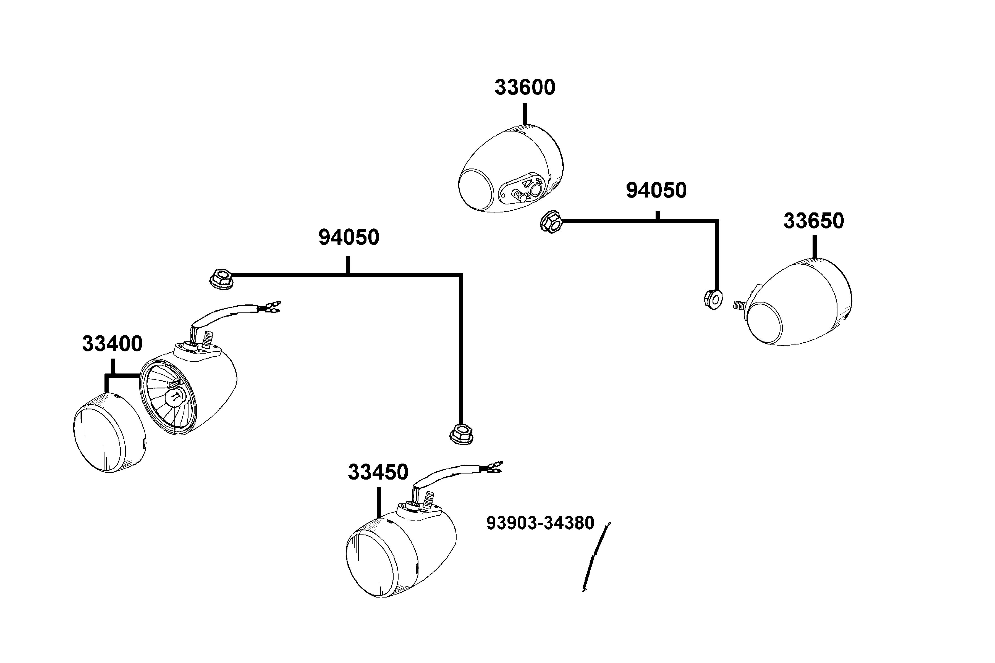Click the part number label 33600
click(x=525, y=88)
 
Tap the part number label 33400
click(x=112, y=344)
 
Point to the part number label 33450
click(x=378, y=472)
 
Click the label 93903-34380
click(x=540, y=523)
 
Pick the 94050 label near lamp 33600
click(x=656, y=191)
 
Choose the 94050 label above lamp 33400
click(x=349, y=238)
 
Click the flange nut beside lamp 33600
click(x=551, y=222)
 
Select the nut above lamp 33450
click(x=461, y=434)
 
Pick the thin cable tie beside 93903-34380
click(x=596, y=557)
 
